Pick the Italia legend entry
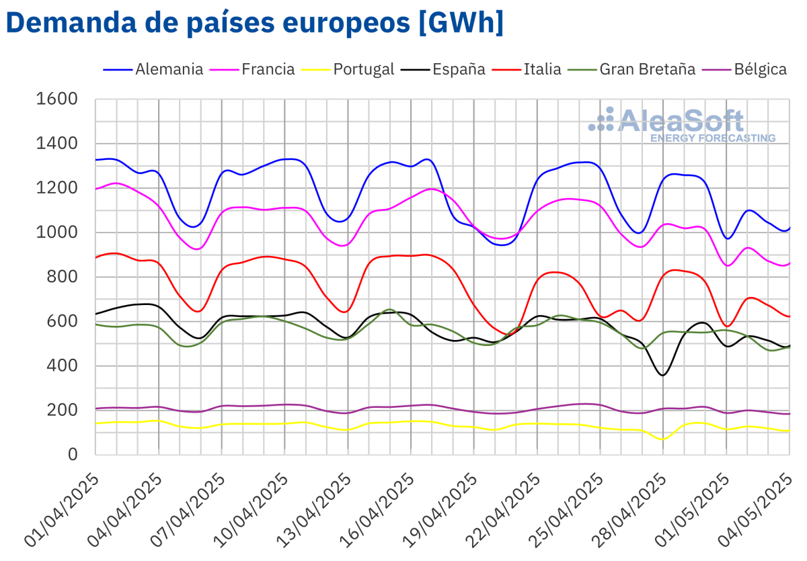(x=542, y=69)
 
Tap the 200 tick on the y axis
(x=65, y=411)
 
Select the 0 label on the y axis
(x=73, y=455)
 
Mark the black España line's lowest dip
(x=663, y=375)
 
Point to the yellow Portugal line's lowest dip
(x=663, y=439)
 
